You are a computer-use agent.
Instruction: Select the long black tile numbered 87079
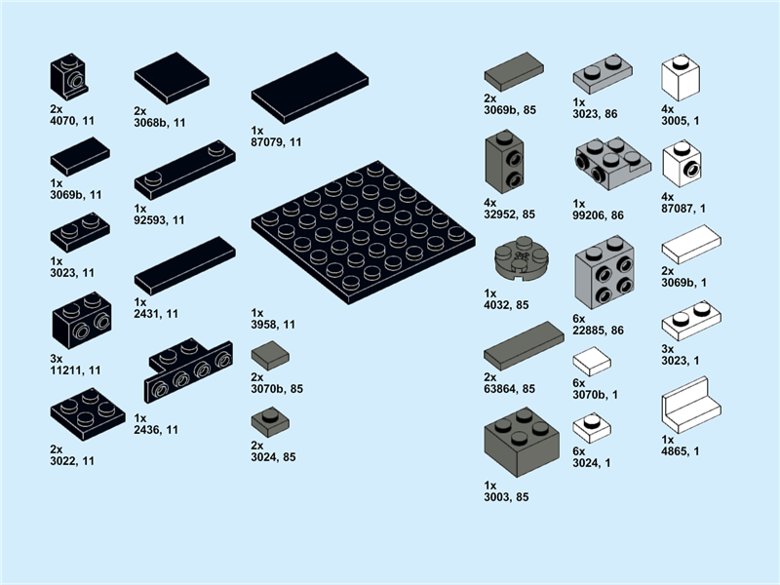(309, 88)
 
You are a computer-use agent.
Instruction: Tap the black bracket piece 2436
(189, 372)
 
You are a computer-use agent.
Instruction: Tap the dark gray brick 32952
(504, 163)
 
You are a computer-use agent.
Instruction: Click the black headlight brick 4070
(67, 76)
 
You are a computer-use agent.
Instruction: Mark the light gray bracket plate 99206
(611, 157)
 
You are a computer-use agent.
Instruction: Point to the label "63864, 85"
(510, 389)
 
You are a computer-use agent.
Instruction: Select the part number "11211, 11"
(75, 370)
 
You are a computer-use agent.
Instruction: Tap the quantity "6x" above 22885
(578, 319)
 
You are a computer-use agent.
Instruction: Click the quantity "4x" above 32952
(490, 203)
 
